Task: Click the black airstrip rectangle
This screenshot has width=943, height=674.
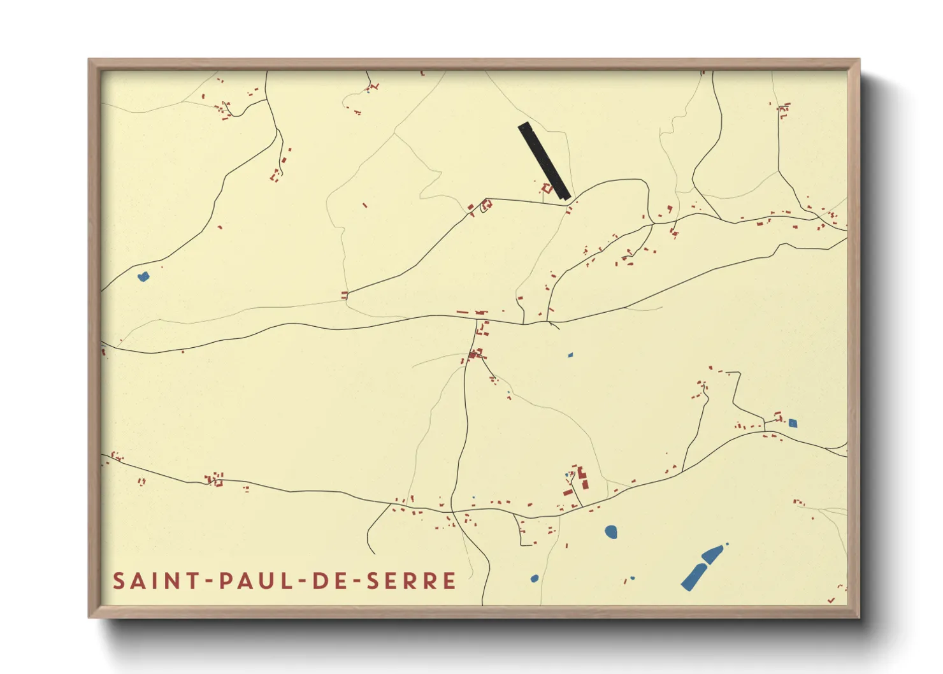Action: point(543,161)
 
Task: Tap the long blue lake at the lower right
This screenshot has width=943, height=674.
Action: point(700,567)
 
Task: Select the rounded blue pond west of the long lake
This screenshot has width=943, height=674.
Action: point(610,531)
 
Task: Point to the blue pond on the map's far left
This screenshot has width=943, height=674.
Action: point(143,276)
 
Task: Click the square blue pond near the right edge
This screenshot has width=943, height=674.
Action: point(793,423)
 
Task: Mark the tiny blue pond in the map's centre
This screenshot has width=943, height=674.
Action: point(570,355)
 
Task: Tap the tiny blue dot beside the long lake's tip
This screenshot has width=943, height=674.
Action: point(727,544)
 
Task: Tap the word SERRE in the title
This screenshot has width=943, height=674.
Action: point(411,581)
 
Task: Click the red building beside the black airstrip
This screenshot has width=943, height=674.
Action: point(546,188)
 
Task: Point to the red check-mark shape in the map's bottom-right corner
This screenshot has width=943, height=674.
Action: point(831,600)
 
